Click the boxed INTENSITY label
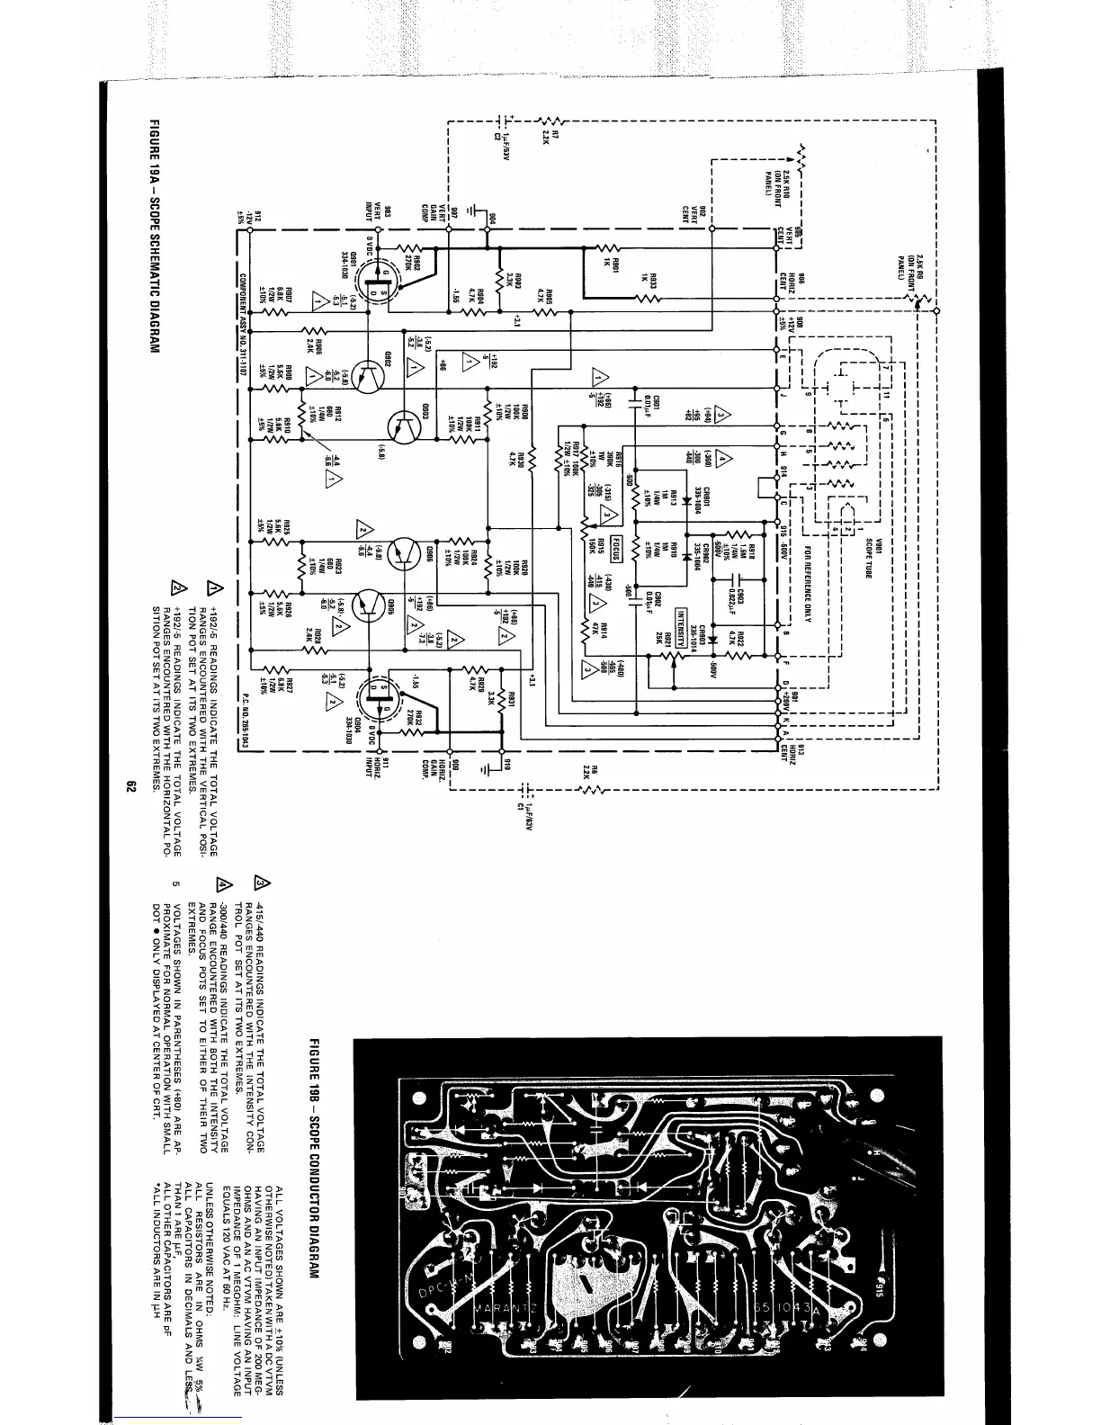682,623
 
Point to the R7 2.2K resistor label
550,135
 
